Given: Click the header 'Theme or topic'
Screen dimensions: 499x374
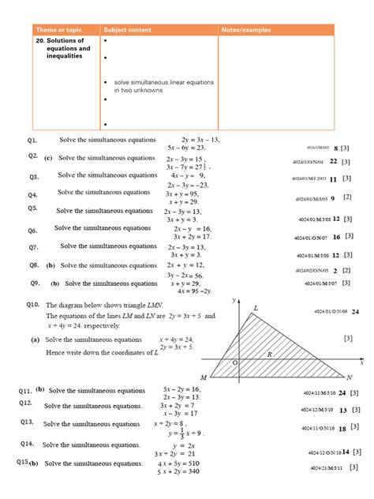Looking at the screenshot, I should click(59, 30).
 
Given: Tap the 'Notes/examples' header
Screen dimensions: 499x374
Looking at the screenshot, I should click(246, 30).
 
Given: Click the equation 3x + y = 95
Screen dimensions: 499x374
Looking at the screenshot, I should click(182, 193).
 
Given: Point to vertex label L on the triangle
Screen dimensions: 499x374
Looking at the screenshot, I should click(256, 308).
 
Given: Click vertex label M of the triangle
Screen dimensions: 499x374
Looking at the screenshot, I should click(203, 377).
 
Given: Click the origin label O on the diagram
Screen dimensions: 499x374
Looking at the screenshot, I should click(234, 362).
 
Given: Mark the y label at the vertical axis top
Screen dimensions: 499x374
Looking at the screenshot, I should click(234, 301).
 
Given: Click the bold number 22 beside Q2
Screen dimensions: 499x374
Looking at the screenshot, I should click(334, 160).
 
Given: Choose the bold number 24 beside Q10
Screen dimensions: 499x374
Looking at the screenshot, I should click(355, 312).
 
